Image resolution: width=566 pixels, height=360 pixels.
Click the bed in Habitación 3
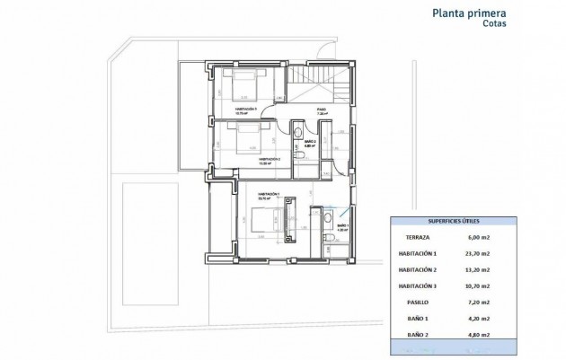pyautogui.click(x=242, y=87)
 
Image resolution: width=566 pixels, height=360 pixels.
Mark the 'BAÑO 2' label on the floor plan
pyautogui.click(x=307, y=142)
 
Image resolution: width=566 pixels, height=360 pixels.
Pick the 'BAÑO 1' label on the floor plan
pyautogui.click(x=342, y=224)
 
